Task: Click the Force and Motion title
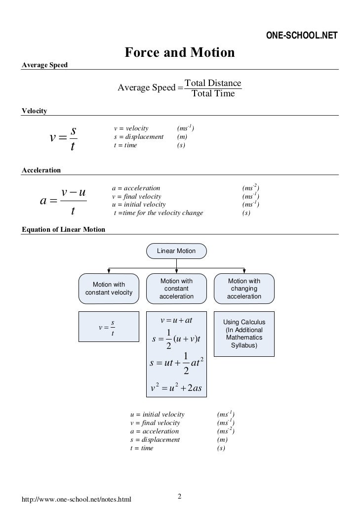coord(179,52)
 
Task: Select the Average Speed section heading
coord(45,65)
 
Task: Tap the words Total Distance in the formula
coord(213,83)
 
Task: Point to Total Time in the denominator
coord(213,93)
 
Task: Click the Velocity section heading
coord(35,111)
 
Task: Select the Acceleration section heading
coord(41,170)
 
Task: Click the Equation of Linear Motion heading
coord(64,229)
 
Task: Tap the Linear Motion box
coord(176,251)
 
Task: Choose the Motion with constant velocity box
coord(109,289)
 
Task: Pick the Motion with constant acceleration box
coord(176,289)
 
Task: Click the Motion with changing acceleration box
coord(244,289)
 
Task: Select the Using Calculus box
coord(244,334)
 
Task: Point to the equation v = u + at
coord(176,320)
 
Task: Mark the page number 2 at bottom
coord(180,496)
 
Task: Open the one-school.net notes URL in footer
coord(77,500)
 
